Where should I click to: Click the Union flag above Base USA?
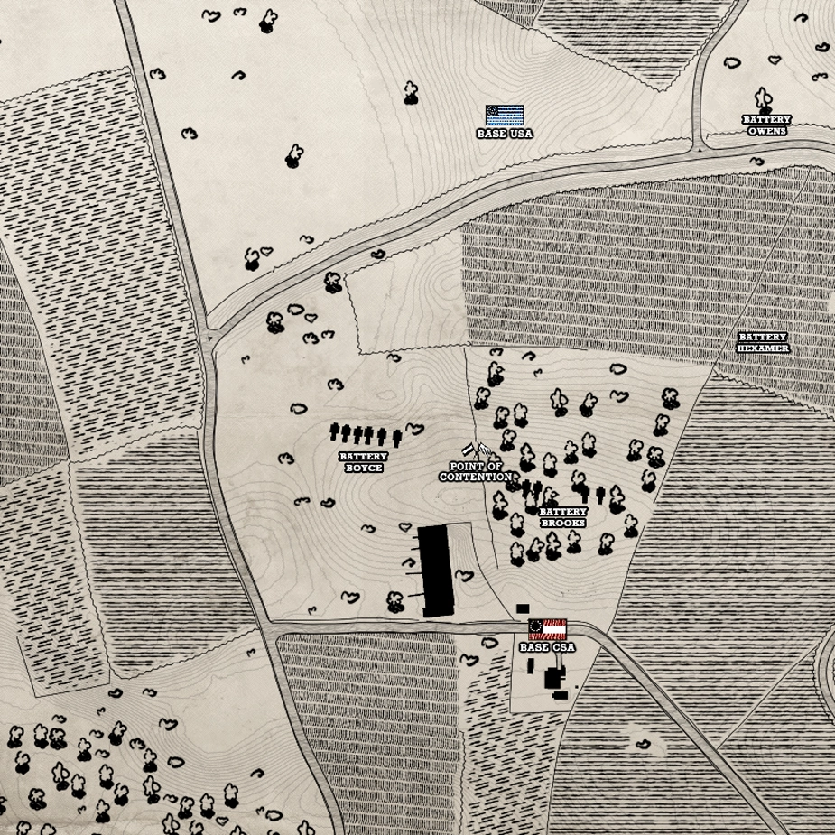point(505,115)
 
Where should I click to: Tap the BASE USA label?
point(505,134)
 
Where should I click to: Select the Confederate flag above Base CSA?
point(547,628)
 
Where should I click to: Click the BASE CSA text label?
point(547,647)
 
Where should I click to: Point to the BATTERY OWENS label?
point(766,125)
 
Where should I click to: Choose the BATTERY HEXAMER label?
point(763,343)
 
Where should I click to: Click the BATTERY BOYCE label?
point(363,462)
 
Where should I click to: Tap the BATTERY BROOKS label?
point(562,517)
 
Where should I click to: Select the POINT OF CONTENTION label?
point(476,471)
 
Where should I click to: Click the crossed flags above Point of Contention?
point(476,450)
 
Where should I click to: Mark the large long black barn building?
point(435,571)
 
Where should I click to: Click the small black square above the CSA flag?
point(522,608)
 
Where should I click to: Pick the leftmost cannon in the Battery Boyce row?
point(335,432)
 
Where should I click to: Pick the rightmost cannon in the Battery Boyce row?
point(397,438)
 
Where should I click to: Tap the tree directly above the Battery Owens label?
point(763,98)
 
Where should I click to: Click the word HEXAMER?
point(763,348)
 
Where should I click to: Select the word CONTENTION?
point(476,477)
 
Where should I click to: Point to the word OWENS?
point(766,131)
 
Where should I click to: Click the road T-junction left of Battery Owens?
point(700,147)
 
